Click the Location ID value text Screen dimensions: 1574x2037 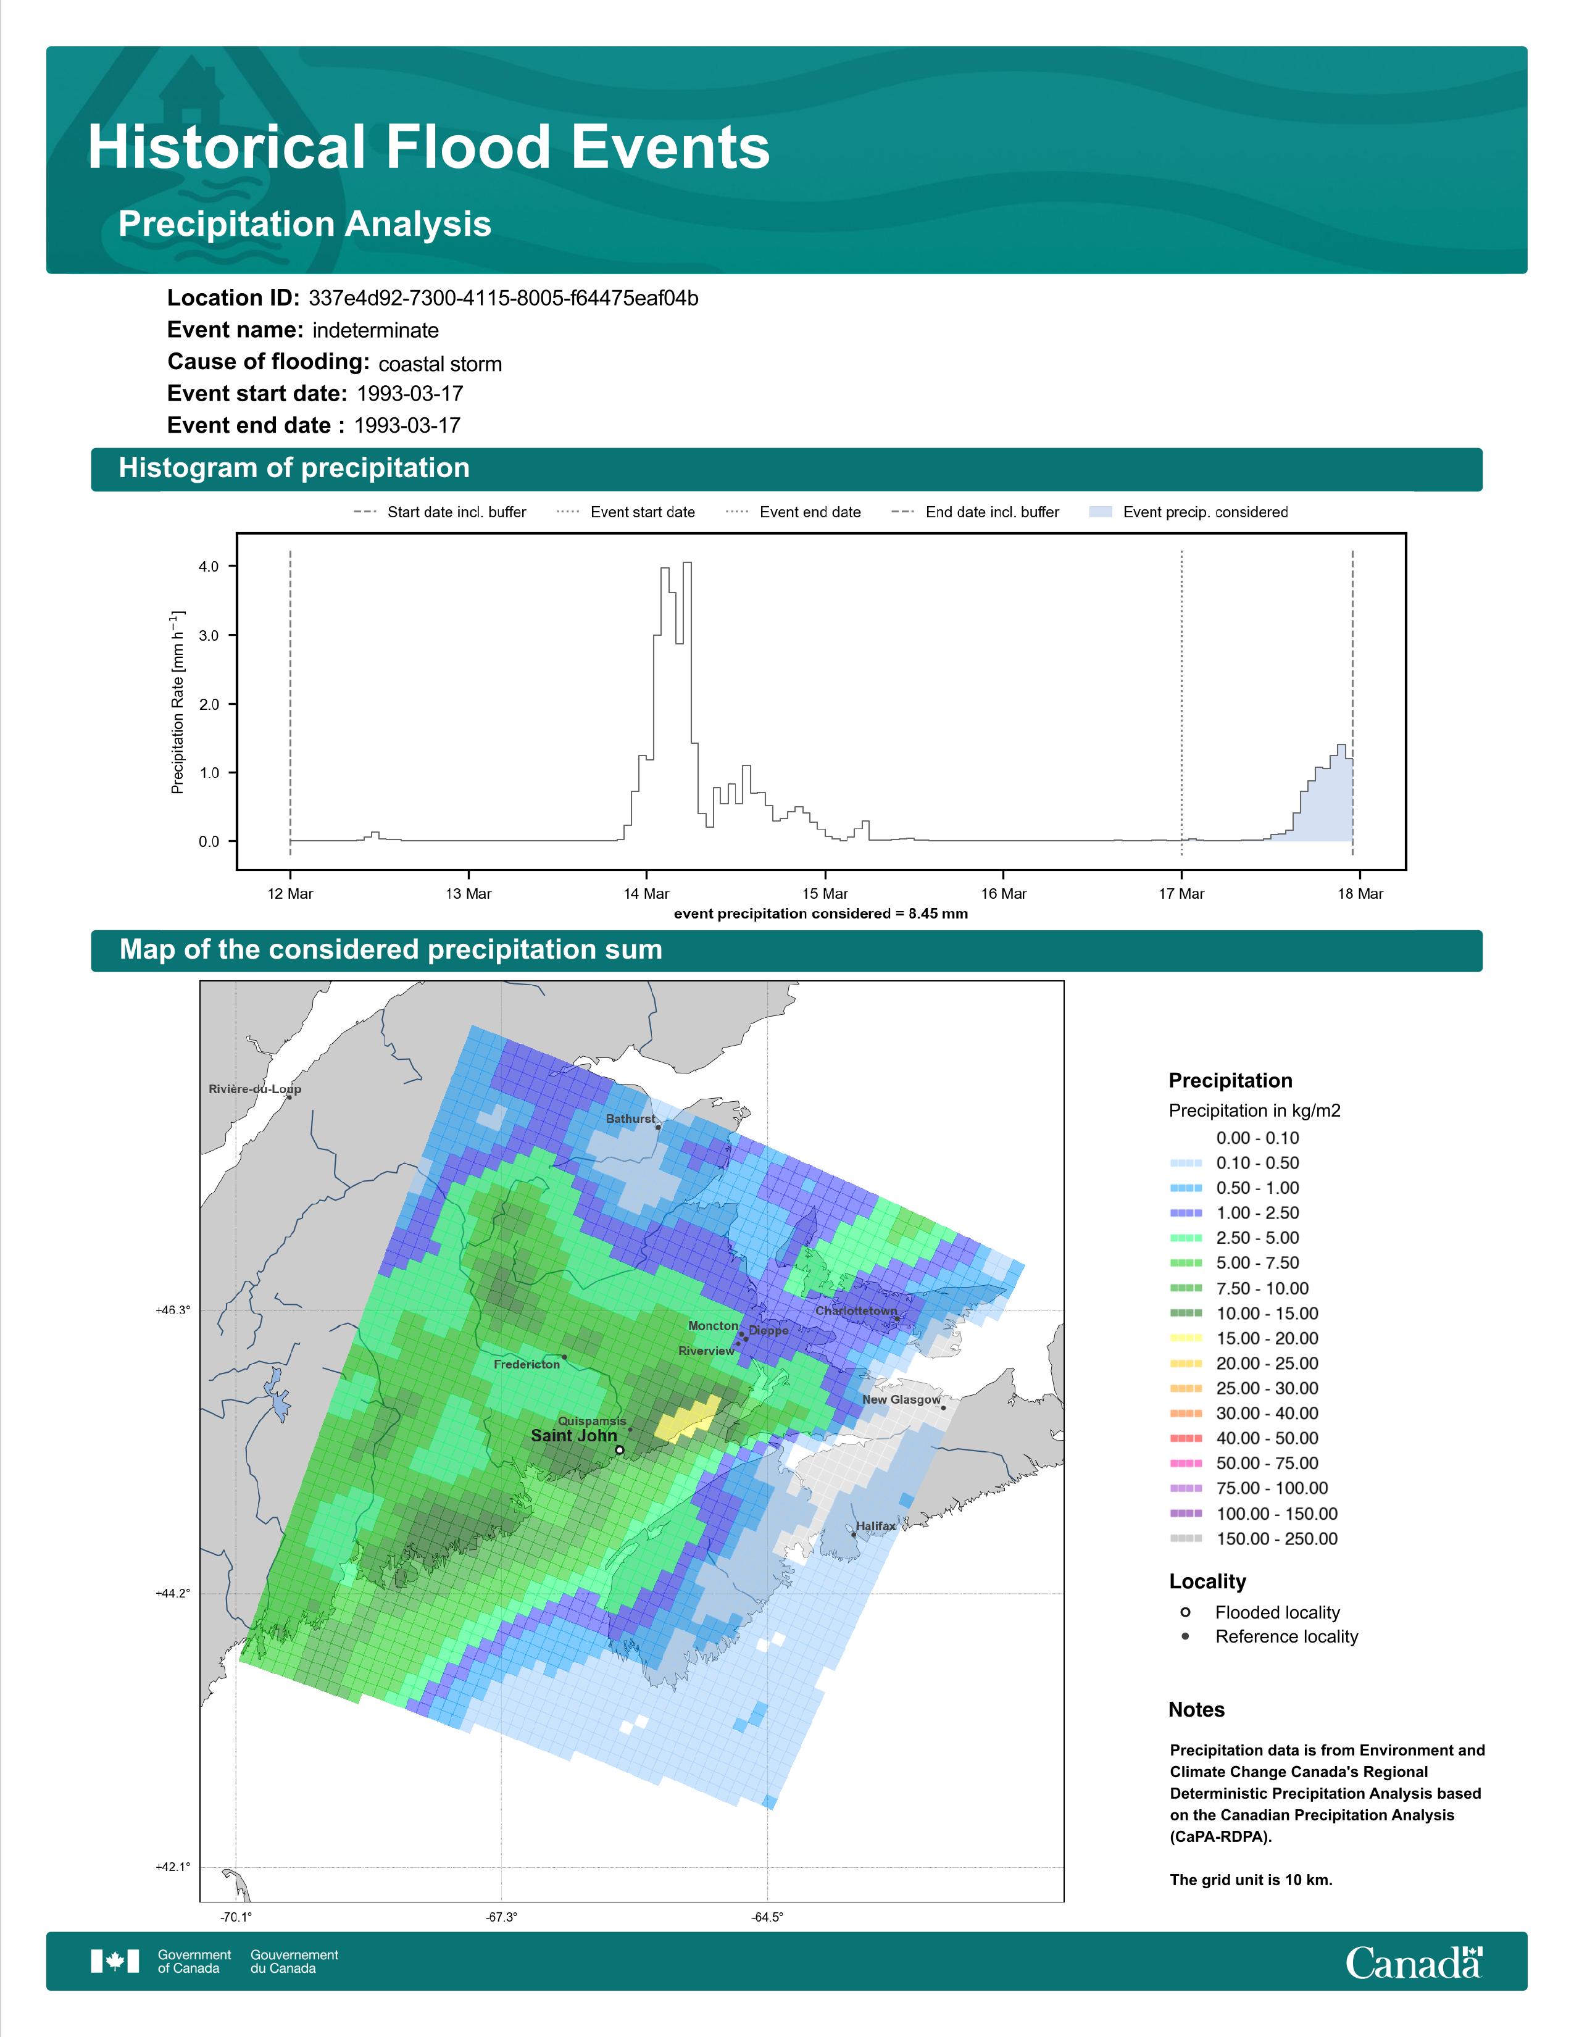pos(504,299)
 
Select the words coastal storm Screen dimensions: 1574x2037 pos(440,364)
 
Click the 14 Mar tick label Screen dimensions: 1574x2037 pos(646,894)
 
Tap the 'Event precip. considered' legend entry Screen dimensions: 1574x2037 pos(1188,512)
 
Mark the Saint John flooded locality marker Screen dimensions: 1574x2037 pos(619,1451)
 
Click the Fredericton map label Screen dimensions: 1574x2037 pos(527,1365)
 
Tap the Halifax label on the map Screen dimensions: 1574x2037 pos(876,1526)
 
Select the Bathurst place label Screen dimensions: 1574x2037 pos(630,1118)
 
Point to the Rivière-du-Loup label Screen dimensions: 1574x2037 pos(254,1088)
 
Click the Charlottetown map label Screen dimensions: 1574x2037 pos(856,1310)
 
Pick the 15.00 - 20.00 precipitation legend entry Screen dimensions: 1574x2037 pos(1244,1338)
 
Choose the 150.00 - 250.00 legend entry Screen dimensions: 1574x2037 pos(1253,1539)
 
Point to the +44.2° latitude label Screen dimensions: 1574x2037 pos(172,1594)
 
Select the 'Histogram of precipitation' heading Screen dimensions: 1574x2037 pos(294,469)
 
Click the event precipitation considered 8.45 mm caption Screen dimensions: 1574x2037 pos(820,914)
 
